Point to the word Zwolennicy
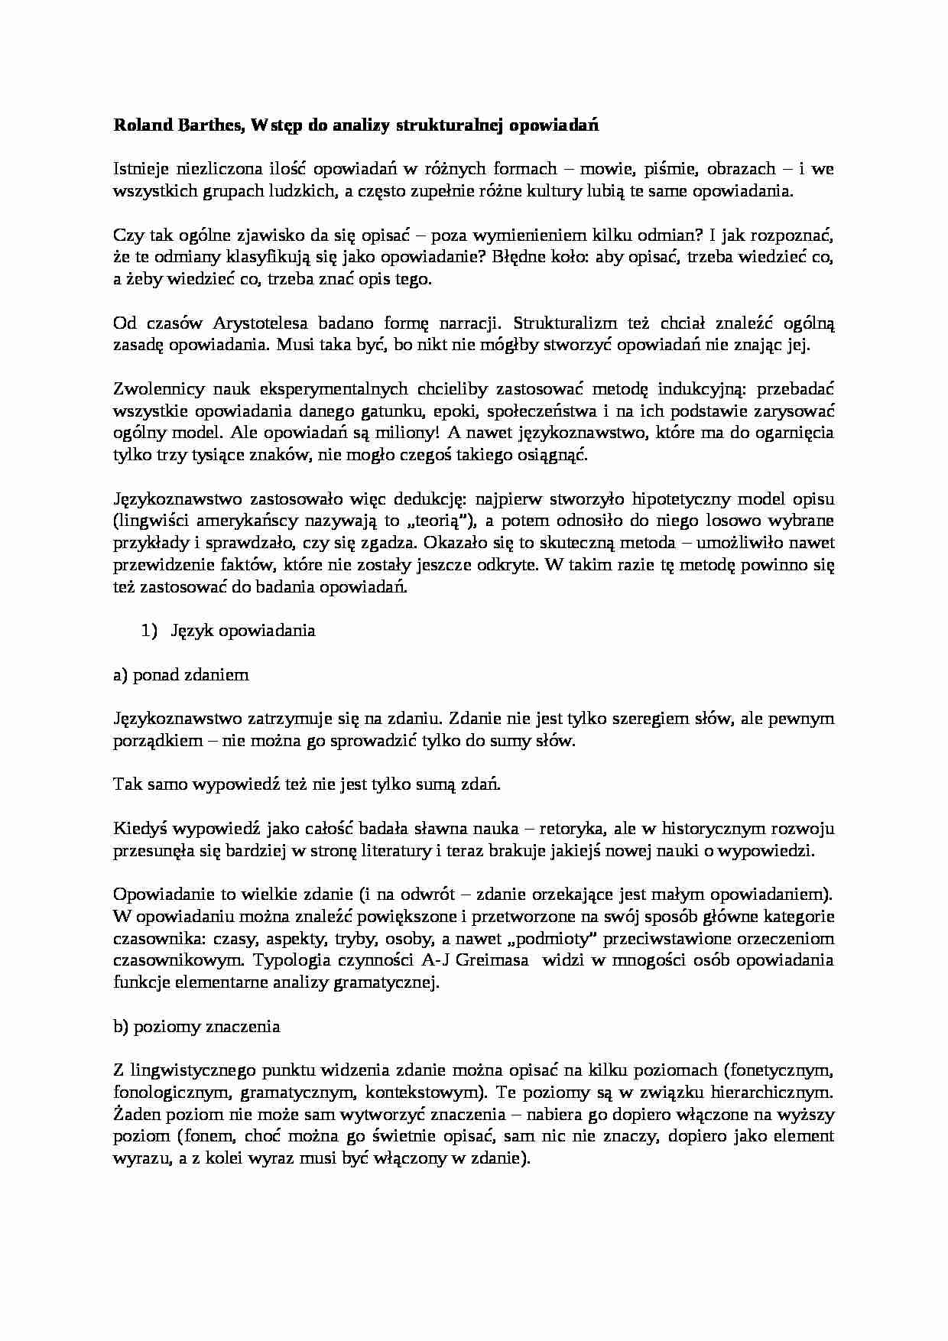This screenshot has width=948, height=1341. pos(156,388)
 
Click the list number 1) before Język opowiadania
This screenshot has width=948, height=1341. pos(148,631)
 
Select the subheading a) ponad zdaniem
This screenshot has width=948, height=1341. pos(180,675)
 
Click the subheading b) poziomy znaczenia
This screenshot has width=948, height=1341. pos(196,1027)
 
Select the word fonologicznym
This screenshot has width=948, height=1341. pos(161,1093)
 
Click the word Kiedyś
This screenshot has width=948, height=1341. pos(141,829)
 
